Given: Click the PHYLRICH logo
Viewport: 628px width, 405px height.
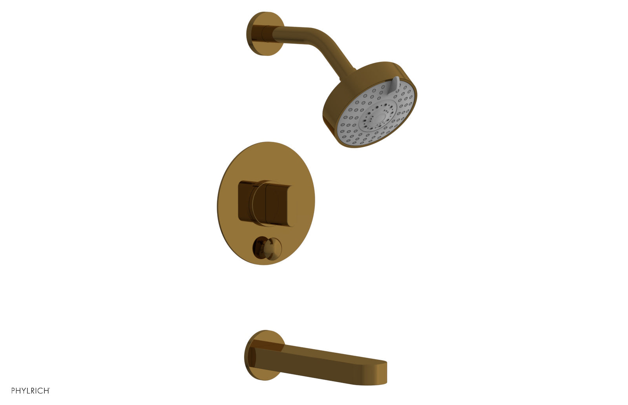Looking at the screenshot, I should tap(31, 390).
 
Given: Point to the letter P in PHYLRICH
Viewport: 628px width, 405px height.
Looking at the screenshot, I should tap(13, 390).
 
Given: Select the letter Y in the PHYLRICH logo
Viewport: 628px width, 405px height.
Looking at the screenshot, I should tap(24, 390).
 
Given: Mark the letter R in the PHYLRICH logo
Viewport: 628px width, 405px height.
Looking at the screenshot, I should tap(33, 390).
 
